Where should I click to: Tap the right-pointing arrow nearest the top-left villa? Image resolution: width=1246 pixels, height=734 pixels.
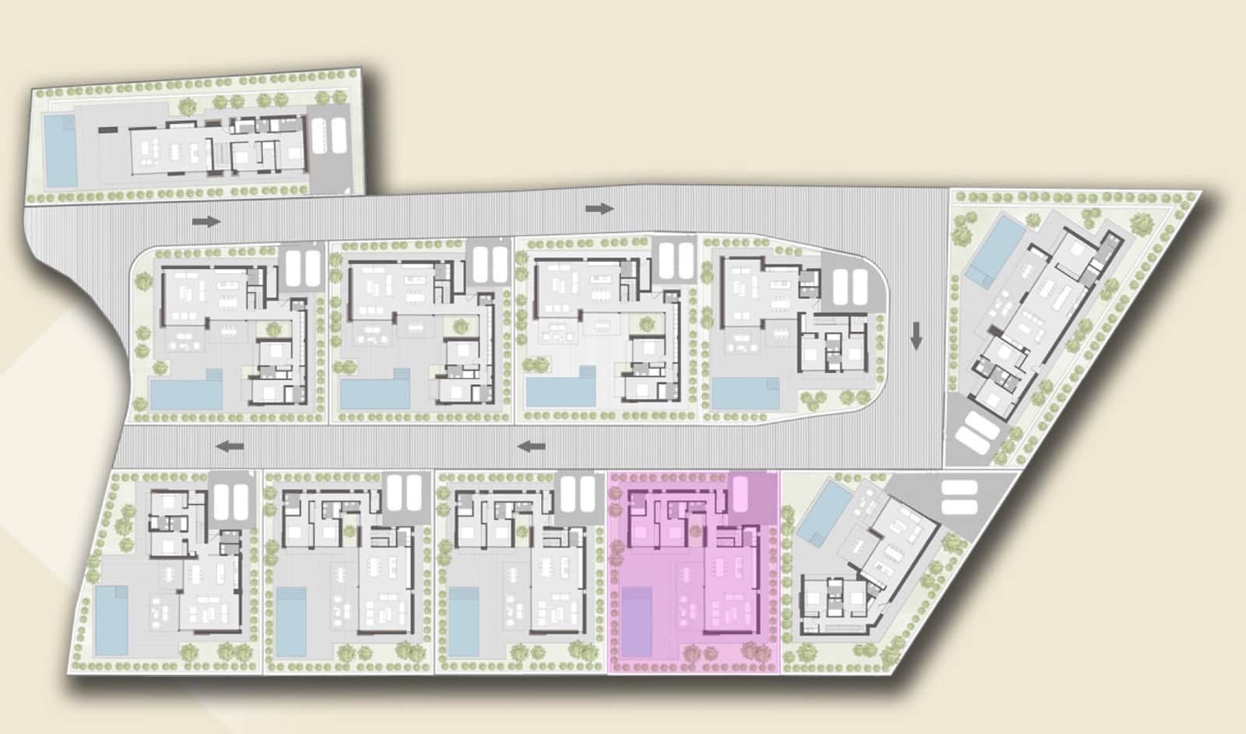pos(206,221)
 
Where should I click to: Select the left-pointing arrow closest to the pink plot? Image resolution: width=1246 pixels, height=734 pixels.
pos(532,446)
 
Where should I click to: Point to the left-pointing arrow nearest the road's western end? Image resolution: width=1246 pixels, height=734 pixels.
pos(230,447)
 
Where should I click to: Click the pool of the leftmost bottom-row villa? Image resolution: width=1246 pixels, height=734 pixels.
pos(111,620)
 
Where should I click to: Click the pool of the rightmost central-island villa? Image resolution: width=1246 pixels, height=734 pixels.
pos(745,393)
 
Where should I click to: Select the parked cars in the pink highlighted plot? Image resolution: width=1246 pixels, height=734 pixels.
pos(740,493)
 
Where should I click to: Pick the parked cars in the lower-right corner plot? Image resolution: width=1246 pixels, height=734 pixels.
pos(959,497)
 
